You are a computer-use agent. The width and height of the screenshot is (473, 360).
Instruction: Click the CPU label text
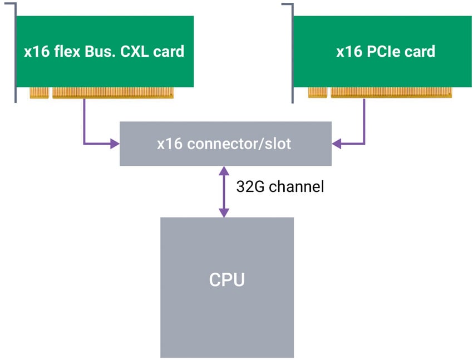[x=226, y=279]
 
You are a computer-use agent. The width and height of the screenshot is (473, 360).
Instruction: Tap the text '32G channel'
[x=280, y=186]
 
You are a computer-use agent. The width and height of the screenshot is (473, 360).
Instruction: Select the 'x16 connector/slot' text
[x=224, y=144]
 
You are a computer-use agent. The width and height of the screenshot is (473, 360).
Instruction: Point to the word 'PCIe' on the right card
[x=385, y=52]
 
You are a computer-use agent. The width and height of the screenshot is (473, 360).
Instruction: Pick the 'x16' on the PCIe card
[x=348, y=52]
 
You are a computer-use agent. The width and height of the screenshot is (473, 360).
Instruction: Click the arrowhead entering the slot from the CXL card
[x=115, y=144]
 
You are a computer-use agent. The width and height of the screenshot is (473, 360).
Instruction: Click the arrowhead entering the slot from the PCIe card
[x=336, y=144]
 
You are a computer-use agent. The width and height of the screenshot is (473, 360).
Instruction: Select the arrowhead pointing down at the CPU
[x=224, y=213]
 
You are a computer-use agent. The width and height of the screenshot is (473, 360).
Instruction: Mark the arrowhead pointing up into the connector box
[x=224, y=170]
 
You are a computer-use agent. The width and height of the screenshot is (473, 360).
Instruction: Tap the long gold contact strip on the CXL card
[x=113, y=93]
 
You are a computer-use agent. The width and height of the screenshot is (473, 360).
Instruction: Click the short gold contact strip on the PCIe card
[x=317, y=93]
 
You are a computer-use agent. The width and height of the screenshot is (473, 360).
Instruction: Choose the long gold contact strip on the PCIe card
[x=391, y=93]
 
